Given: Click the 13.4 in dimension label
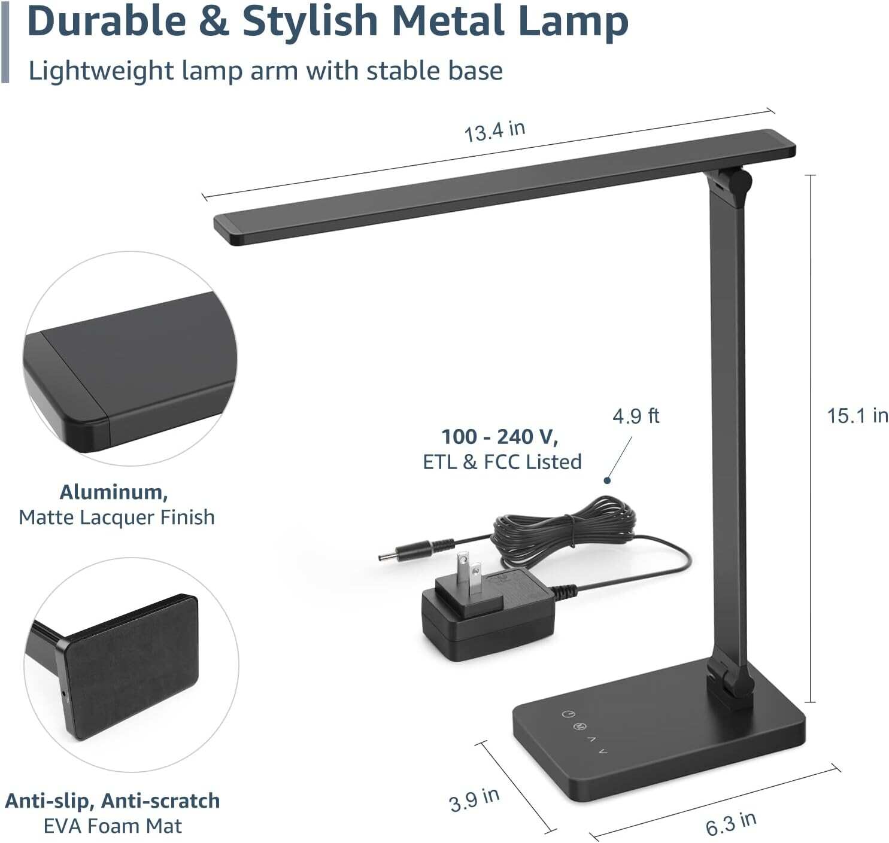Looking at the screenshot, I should click(x=494, y=130).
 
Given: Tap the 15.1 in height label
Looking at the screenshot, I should click(x=857, y=415).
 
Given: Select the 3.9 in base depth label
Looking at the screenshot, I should click(x=474, y=799).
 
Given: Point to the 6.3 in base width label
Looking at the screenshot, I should click(x=730, y=824).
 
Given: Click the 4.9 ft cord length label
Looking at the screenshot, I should click(x=635, y=416).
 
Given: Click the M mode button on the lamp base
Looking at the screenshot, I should click(x=579, y=726).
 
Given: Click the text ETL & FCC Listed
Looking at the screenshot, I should click(x=502, y=462).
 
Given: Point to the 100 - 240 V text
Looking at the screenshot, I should click(x=499, y=437).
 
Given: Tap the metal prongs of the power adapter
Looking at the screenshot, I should click(x=469, y=575).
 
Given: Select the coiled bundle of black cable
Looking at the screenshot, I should click(x=563, y=529).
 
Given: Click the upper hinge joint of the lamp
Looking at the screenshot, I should click(x=731, y=183).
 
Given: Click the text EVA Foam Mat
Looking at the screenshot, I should click(x=113, y=826).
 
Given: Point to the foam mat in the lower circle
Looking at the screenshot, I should click(x=132, y=664).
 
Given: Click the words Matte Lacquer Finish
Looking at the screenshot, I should click(x=117, y=517).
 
